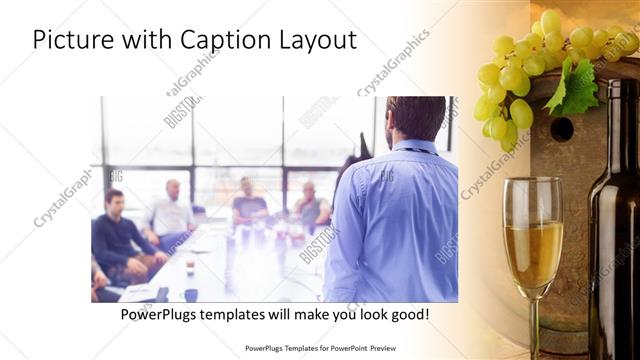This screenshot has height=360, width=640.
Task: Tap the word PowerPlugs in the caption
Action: (x=159, y=315)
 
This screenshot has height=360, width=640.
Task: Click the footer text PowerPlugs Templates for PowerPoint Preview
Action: (x=320, y=349)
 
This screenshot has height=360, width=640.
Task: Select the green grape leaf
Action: (x=578, y=88)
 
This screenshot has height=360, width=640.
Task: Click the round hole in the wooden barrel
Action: (x=563, y=129)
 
